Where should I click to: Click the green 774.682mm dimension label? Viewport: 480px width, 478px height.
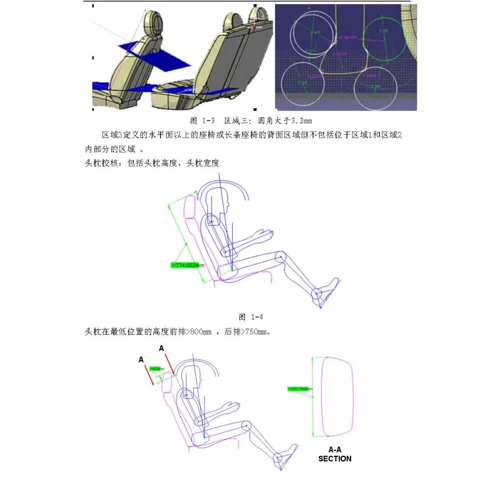click(187, 265)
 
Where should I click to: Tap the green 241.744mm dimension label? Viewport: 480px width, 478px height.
click(300, 389)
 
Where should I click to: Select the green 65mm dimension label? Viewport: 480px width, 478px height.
click(156, 369)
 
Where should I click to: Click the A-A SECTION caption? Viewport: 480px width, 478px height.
click(335, 454)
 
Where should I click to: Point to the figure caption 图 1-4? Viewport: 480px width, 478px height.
click(251, 317)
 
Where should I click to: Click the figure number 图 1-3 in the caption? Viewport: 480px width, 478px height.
click(202, 121)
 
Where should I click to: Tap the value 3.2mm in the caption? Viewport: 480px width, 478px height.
click(302, 121)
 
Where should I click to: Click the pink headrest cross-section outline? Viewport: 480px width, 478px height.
click(338, 397)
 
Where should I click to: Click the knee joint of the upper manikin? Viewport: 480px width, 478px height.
click(280, 257)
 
